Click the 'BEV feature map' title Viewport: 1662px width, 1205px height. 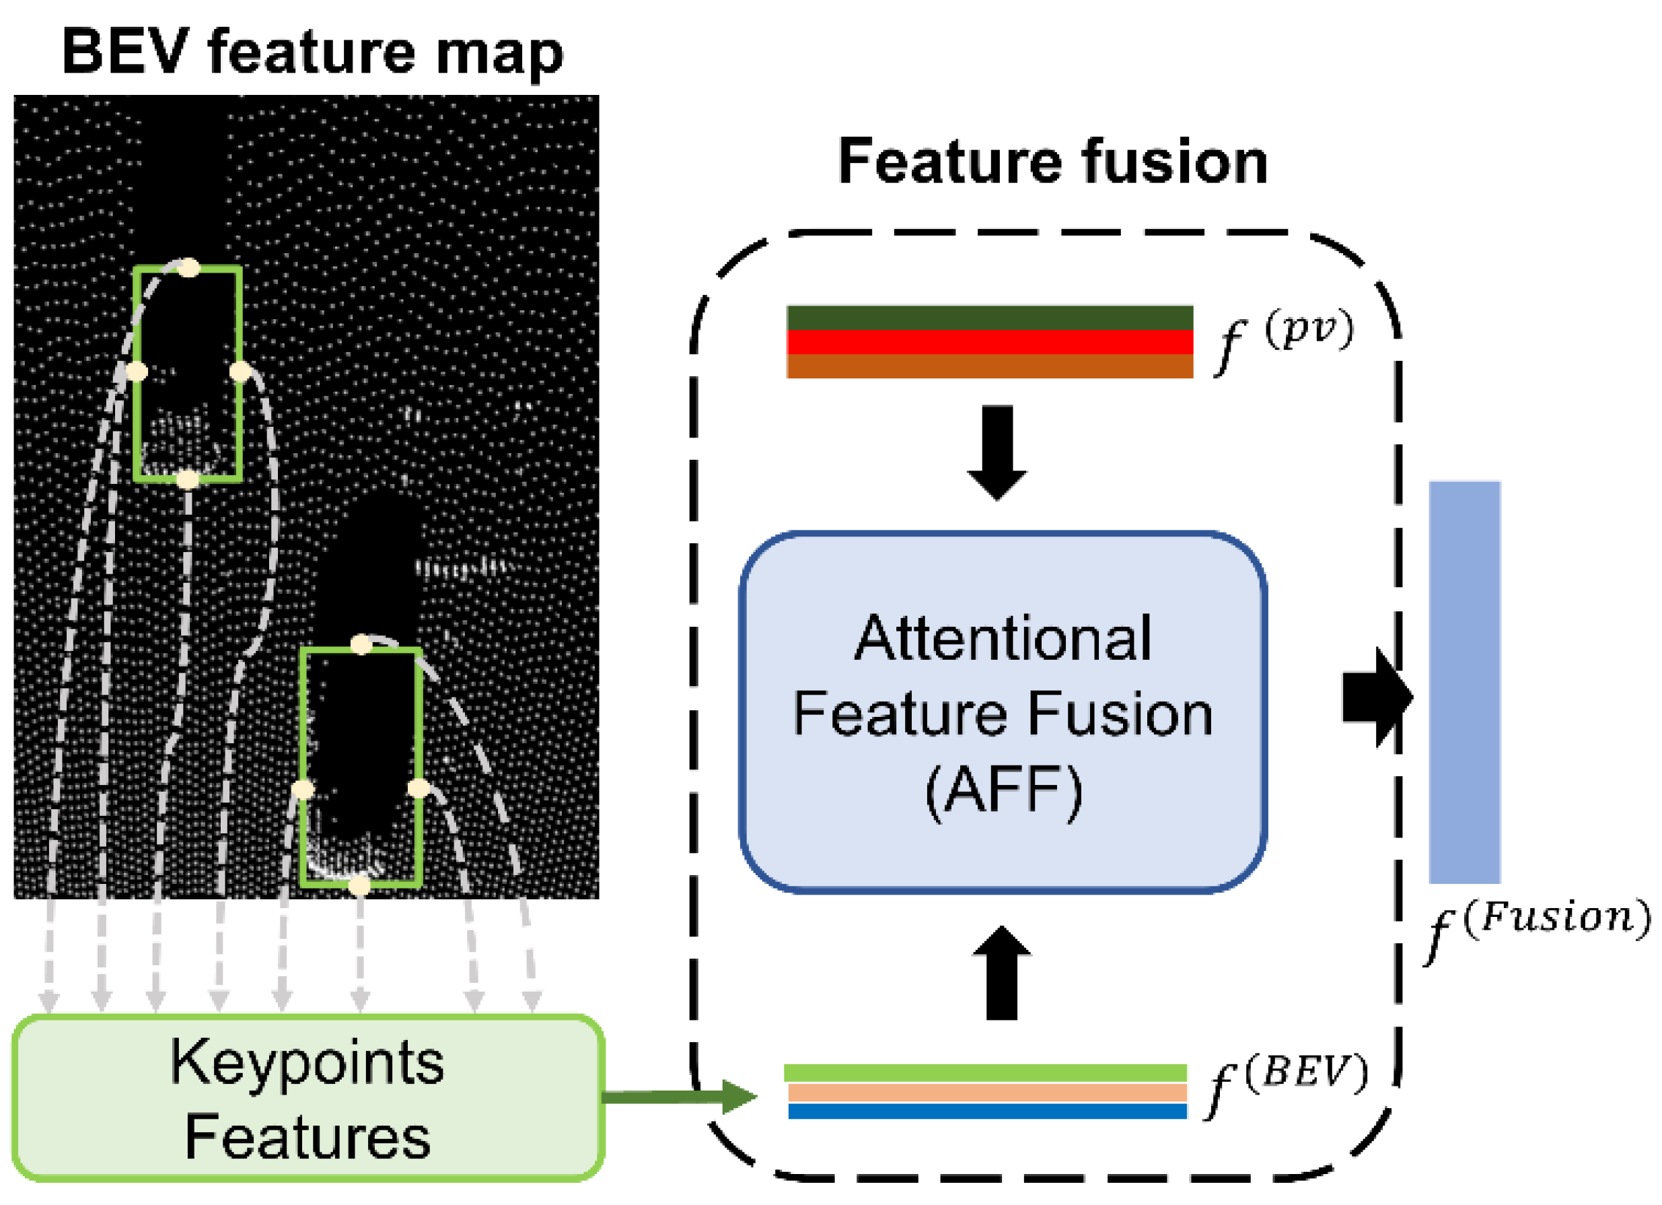313,53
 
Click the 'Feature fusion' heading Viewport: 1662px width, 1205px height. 1052,162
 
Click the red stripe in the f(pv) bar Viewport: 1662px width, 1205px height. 989,341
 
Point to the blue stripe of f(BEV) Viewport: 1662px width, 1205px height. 986,1111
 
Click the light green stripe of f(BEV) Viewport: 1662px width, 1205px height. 985,1073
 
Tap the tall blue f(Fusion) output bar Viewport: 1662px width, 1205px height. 1464,683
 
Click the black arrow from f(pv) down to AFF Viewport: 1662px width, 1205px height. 997,452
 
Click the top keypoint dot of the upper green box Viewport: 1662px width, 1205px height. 189,267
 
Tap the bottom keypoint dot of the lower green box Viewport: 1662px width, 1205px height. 359,886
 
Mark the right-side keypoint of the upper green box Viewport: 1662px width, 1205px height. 240,372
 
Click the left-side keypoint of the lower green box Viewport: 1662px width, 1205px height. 303,790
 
